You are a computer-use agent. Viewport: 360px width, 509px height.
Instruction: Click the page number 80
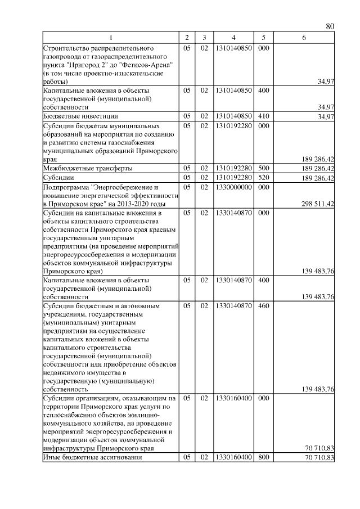[330, 27]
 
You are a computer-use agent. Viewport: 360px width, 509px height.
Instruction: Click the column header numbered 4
[233, 38]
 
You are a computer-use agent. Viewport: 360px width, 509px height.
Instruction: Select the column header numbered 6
[304, 38]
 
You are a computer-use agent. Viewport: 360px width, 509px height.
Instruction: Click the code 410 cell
[262, 116]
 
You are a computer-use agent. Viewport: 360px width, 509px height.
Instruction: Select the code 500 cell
[262, 168]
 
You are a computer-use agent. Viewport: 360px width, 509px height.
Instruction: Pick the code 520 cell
[262, 178]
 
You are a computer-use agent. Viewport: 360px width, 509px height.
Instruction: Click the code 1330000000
[233, 187]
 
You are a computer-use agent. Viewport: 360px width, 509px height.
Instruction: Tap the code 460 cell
[262, 307]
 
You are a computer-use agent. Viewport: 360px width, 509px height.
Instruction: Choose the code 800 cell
[262, 458]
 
